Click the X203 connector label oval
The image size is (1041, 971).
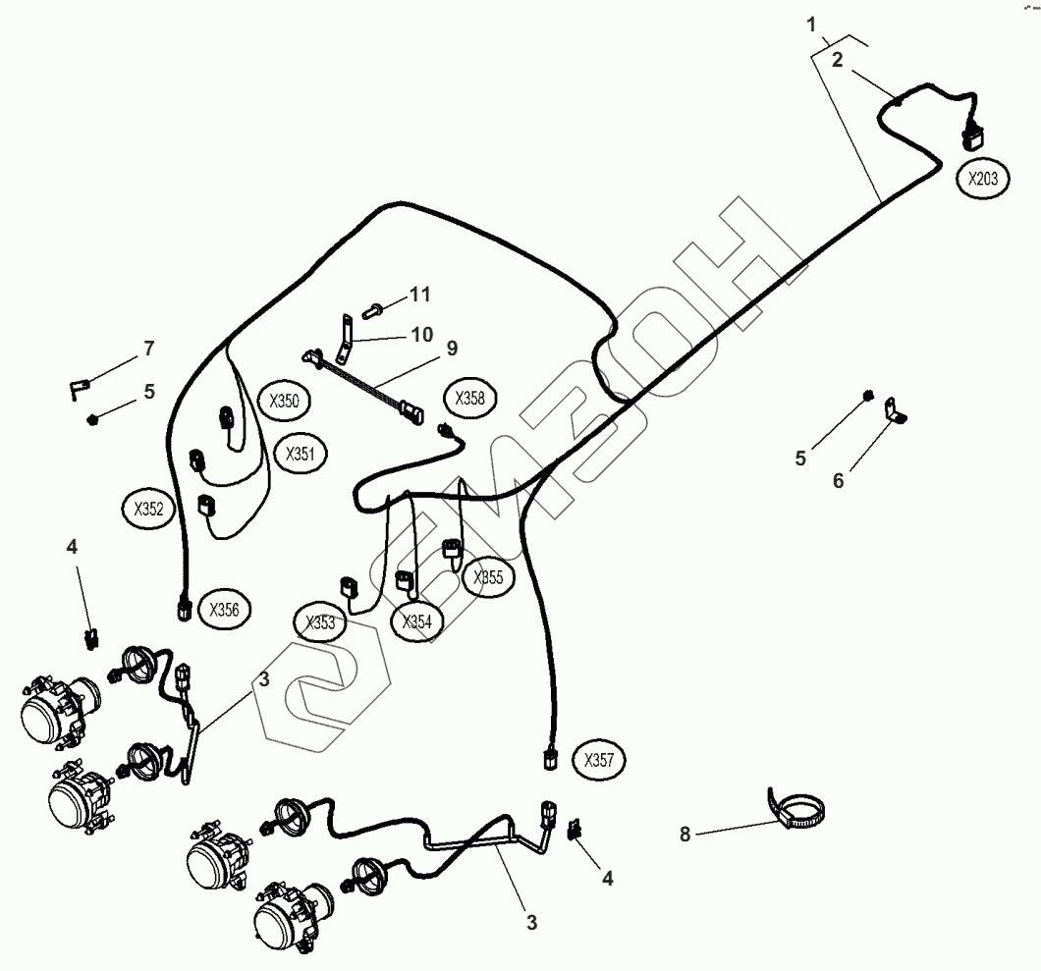pyautogui.click(x=982, y=180)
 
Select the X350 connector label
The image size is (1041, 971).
pyautogui.click(x=285, y=401)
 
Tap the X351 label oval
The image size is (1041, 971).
pyautogui.click(x=301, y=454)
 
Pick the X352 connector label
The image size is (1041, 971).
pyautogui.click(x=148, y=509)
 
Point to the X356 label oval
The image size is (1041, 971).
pyautogui.click(x=224, y=610)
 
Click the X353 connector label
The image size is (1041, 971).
pyautogui.click(x=320, y=623)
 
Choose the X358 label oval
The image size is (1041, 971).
pyautogui.click(x=470, y=400)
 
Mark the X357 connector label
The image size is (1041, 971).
pyautogui.click(x=599, y=760)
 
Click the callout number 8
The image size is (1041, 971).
pyautogui.click(x=685, y=835)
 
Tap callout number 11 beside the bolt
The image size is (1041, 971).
pyautogui.click(x=419, y=294)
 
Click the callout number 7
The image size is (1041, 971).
pyautogui.click(x=148, y=348)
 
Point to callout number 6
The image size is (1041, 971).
pyautogui.click(x=838, y=481)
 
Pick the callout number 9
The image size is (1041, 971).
pyautogui.click(x=451, y=348)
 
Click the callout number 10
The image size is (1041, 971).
pyautogui.click(x=421, y=335)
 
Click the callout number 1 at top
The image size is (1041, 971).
pyautogui.click(x=812, y=24)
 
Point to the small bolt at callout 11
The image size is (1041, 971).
pyautogui.click(x=374, y=310)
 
